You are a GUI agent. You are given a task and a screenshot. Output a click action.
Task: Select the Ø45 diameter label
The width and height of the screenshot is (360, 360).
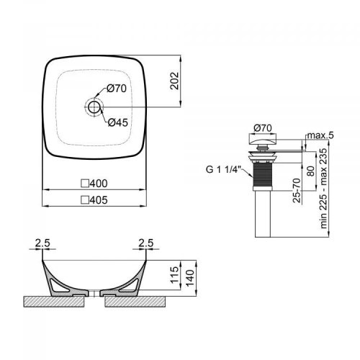(118, 122)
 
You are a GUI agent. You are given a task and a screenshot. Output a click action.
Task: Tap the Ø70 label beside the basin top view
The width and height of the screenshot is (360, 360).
(118, 89)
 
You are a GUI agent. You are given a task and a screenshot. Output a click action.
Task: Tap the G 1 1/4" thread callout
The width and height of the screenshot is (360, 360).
(224, 171)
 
